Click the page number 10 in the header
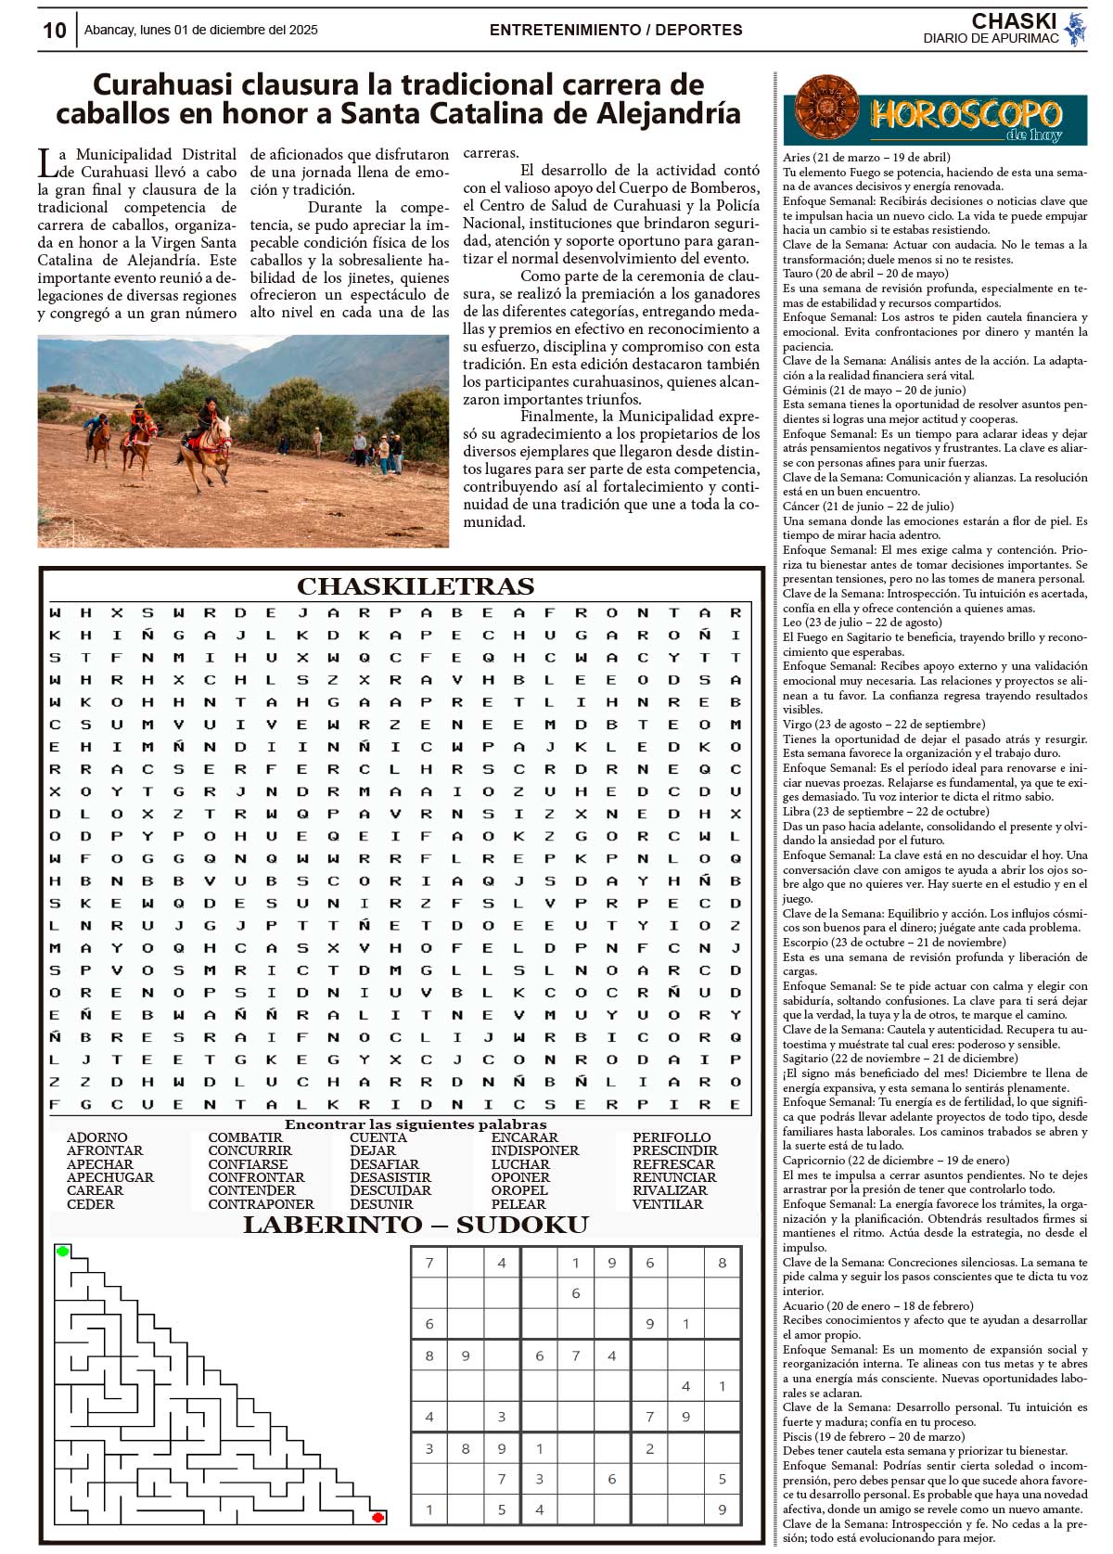[x=55, y=31]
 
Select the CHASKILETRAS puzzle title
[x=415, y=586]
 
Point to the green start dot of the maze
[x=63, y=1252]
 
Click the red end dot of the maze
[x=377, y=1517]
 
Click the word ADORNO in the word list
[x=96, y=1137]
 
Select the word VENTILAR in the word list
[x=667, y=1204]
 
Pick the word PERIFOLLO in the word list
[x=672, y=1137]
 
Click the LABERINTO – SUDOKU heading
[x=415, y=1225]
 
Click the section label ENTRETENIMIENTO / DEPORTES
[x=615, y=30]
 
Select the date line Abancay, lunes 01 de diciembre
[x=200, y=30]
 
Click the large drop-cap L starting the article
[x=46, y=163]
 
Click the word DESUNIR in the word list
[x=381, y=1204]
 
